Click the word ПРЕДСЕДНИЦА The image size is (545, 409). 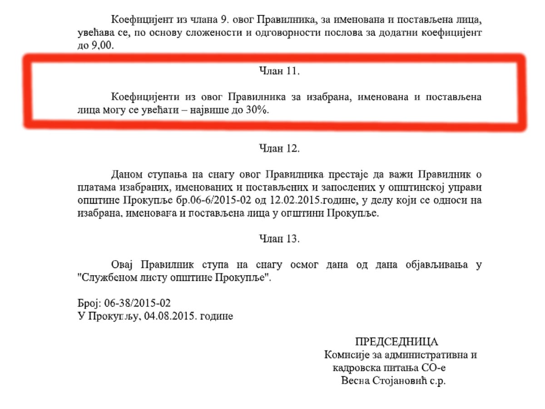pyautogui.click(x=396, y=342)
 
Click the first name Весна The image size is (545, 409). pyautogui.click(x=356, y=380)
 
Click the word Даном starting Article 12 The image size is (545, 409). pyautogui.click(x=126, y=175)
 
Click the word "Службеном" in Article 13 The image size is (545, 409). pyautogui.click(x=106, y=277)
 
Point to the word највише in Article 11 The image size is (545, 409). pyautogui.click(x=216, y=110)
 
